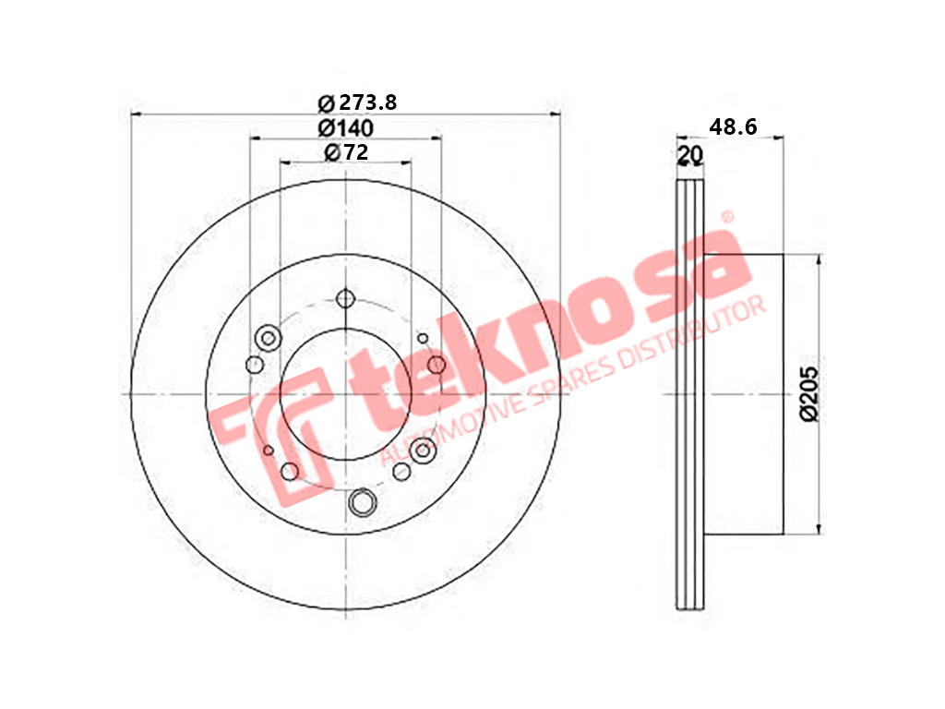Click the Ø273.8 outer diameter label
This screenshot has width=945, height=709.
357,103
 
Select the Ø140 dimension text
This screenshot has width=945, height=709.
346,127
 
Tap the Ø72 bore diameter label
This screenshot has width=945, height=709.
346,152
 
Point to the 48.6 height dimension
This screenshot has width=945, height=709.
733,126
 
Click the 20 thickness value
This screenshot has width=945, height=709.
690,155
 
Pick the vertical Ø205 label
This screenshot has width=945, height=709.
808,393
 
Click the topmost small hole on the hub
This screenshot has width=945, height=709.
345,298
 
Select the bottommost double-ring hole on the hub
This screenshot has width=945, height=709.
362,502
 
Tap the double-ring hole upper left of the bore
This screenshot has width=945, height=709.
269,338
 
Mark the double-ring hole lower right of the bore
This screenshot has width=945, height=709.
423,451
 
